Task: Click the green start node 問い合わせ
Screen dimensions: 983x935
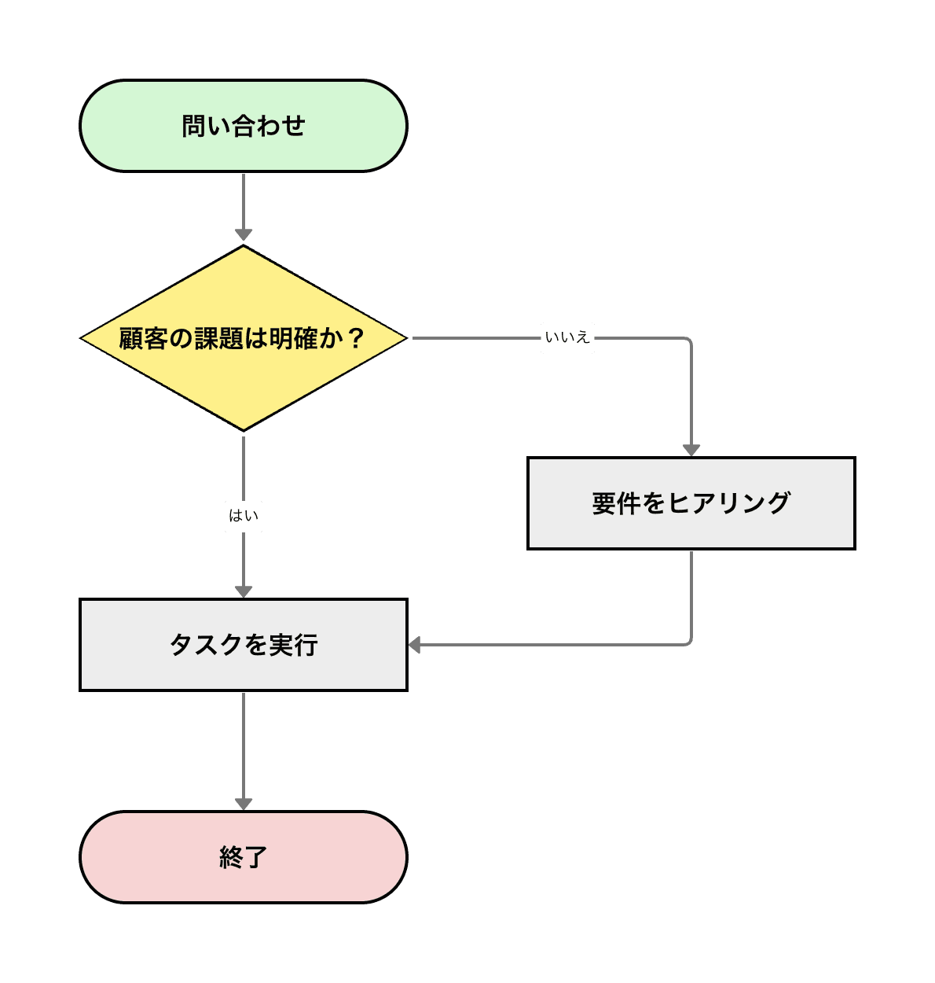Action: tap(244, 126)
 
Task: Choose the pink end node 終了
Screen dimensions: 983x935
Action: tap(244, 856)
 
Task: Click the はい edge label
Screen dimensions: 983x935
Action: tap(244, 517)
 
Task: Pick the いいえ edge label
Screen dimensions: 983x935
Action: tap(567, 338)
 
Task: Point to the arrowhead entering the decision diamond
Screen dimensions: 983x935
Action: tap(244, 234)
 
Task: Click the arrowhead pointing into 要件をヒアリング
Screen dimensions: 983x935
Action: tap(691, 449)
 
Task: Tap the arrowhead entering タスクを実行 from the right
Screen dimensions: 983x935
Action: tap(416, 645)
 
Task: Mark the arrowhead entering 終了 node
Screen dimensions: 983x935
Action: tap(244, 803)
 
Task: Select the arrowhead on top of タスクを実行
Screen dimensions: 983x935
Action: tap(244, 591)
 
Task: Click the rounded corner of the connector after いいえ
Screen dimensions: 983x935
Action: tap(688, 341)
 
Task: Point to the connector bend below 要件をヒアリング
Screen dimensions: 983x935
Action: tap(688, 642)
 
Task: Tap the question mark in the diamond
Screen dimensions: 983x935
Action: tap(356, 338)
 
